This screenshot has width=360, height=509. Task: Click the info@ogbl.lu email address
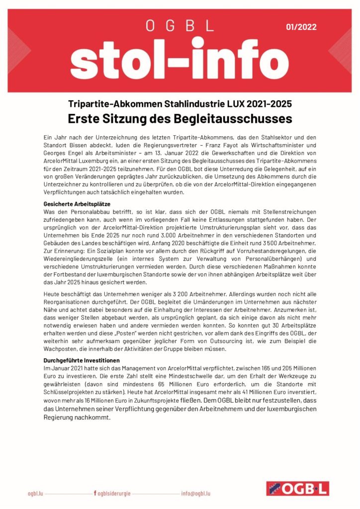pos(195,493)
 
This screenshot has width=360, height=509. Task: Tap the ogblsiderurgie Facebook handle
pos(114,493)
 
